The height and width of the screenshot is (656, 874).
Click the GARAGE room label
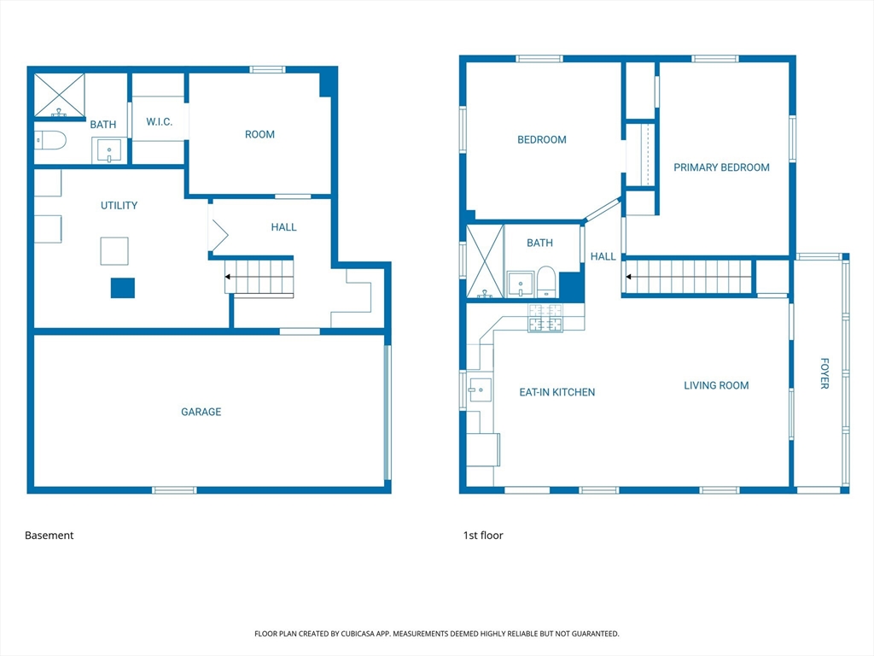[x=201, y=412]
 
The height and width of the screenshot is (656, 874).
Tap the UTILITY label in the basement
[x=119, y=205]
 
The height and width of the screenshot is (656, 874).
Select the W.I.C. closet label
[x=160, y=121]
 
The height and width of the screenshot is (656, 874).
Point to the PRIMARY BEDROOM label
[x=721, y=167]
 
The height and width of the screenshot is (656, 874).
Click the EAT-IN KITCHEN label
[x=556, y=392]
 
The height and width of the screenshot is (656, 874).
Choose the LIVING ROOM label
[x=716, y=385]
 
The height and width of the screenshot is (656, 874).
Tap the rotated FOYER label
[x=824, y=373]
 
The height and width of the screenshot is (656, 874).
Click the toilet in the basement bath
[x=50, y=140]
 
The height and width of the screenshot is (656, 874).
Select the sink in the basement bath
[x=109, y=150]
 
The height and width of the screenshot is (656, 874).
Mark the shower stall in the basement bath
[x=60, y=96]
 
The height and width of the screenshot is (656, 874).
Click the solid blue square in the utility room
[x=123, y=288]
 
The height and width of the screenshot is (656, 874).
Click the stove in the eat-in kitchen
[x=545, y=318]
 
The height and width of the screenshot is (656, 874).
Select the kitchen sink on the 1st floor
[x=480, y=389]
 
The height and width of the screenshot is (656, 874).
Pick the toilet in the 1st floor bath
[x=546, y=282]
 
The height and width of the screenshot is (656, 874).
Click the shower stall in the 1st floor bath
[x=485, y=261]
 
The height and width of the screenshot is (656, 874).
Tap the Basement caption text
[x=49, y=536]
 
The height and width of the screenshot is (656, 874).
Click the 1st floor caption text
[x=483, y=536]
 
